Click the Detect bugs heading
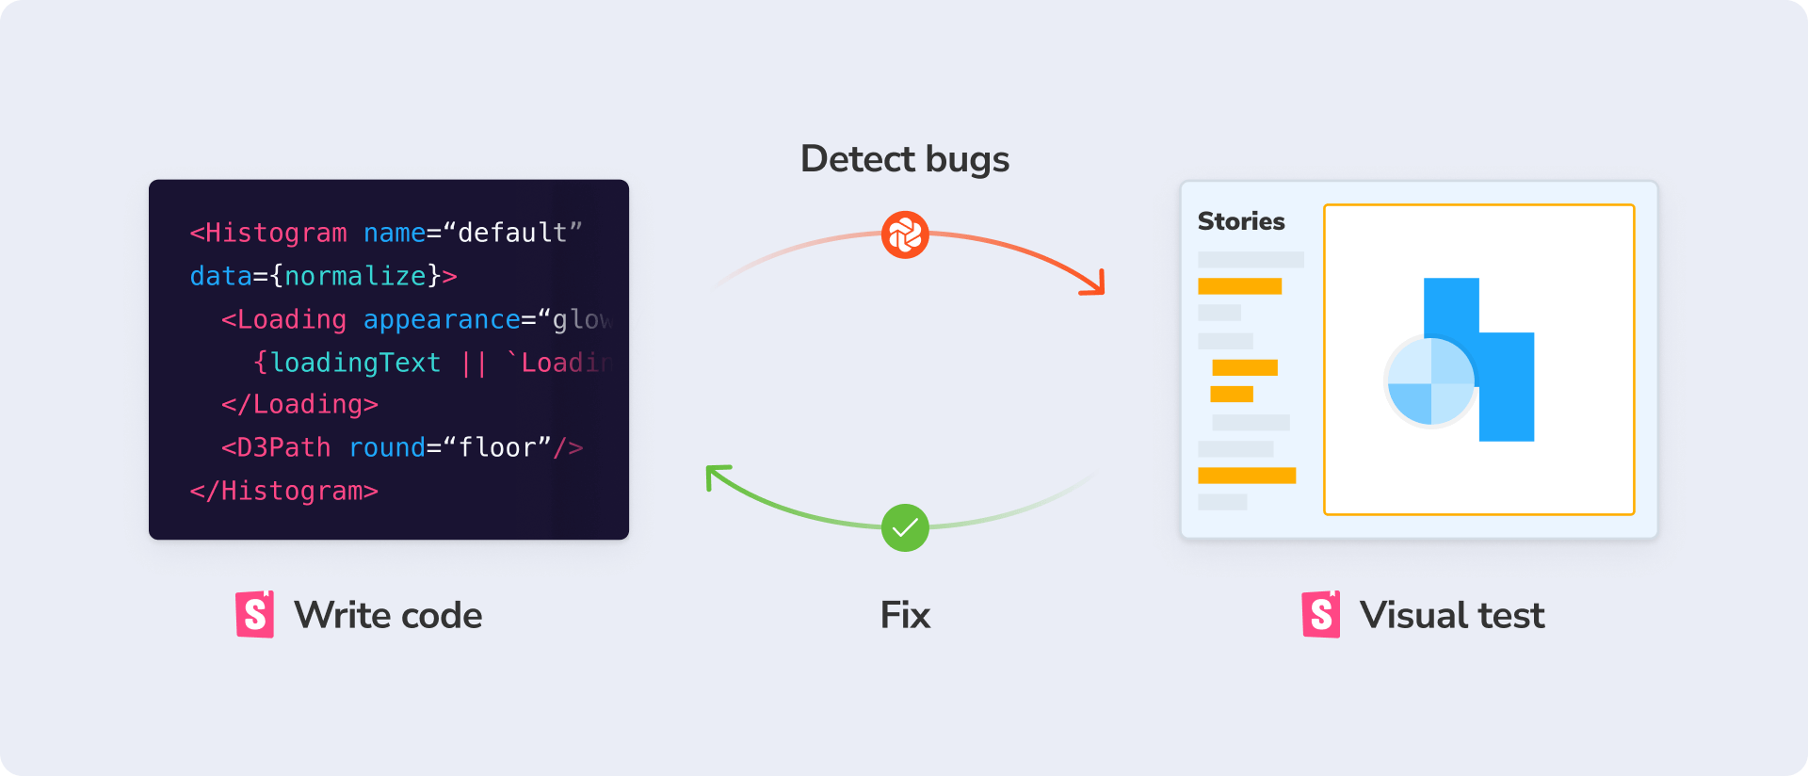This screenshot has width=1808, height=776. (904, 159)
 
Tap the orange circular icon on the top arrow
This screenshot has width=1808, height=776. (905, 234)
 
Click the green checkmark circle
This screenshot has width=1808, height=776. (905, 527)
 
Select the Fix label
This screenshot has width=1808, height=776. (905, 616)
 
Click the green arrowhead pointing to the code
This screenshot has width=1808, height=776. (717, 476)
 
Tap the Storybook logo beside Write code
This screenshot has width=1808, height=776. (255, 615)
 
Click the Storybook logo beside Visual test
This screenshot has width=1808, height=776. (1321, 615)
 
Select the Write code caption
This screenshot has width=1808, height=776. (388, 616)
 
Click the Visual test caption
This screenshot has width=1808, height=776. (1452, 616)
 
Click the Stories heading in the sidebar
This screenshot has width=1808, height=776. (1241, 221)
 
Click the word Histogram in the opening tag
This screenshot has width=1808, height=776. (276, 233)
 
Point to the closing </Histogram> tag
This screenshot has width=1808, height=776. (283, 491)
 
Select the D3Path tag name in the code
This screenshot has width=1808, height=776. (283, 447)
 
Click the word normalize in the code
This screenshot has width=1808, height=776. (355, 276)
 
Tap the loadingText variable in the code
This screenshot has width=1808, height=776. (355, 363)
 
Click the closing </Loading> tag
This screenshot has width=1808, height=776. (299, 405)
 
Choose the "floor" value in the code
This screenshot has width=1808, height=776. (497, 447)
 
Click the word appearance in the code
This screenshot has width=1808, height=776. (442, 320)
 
